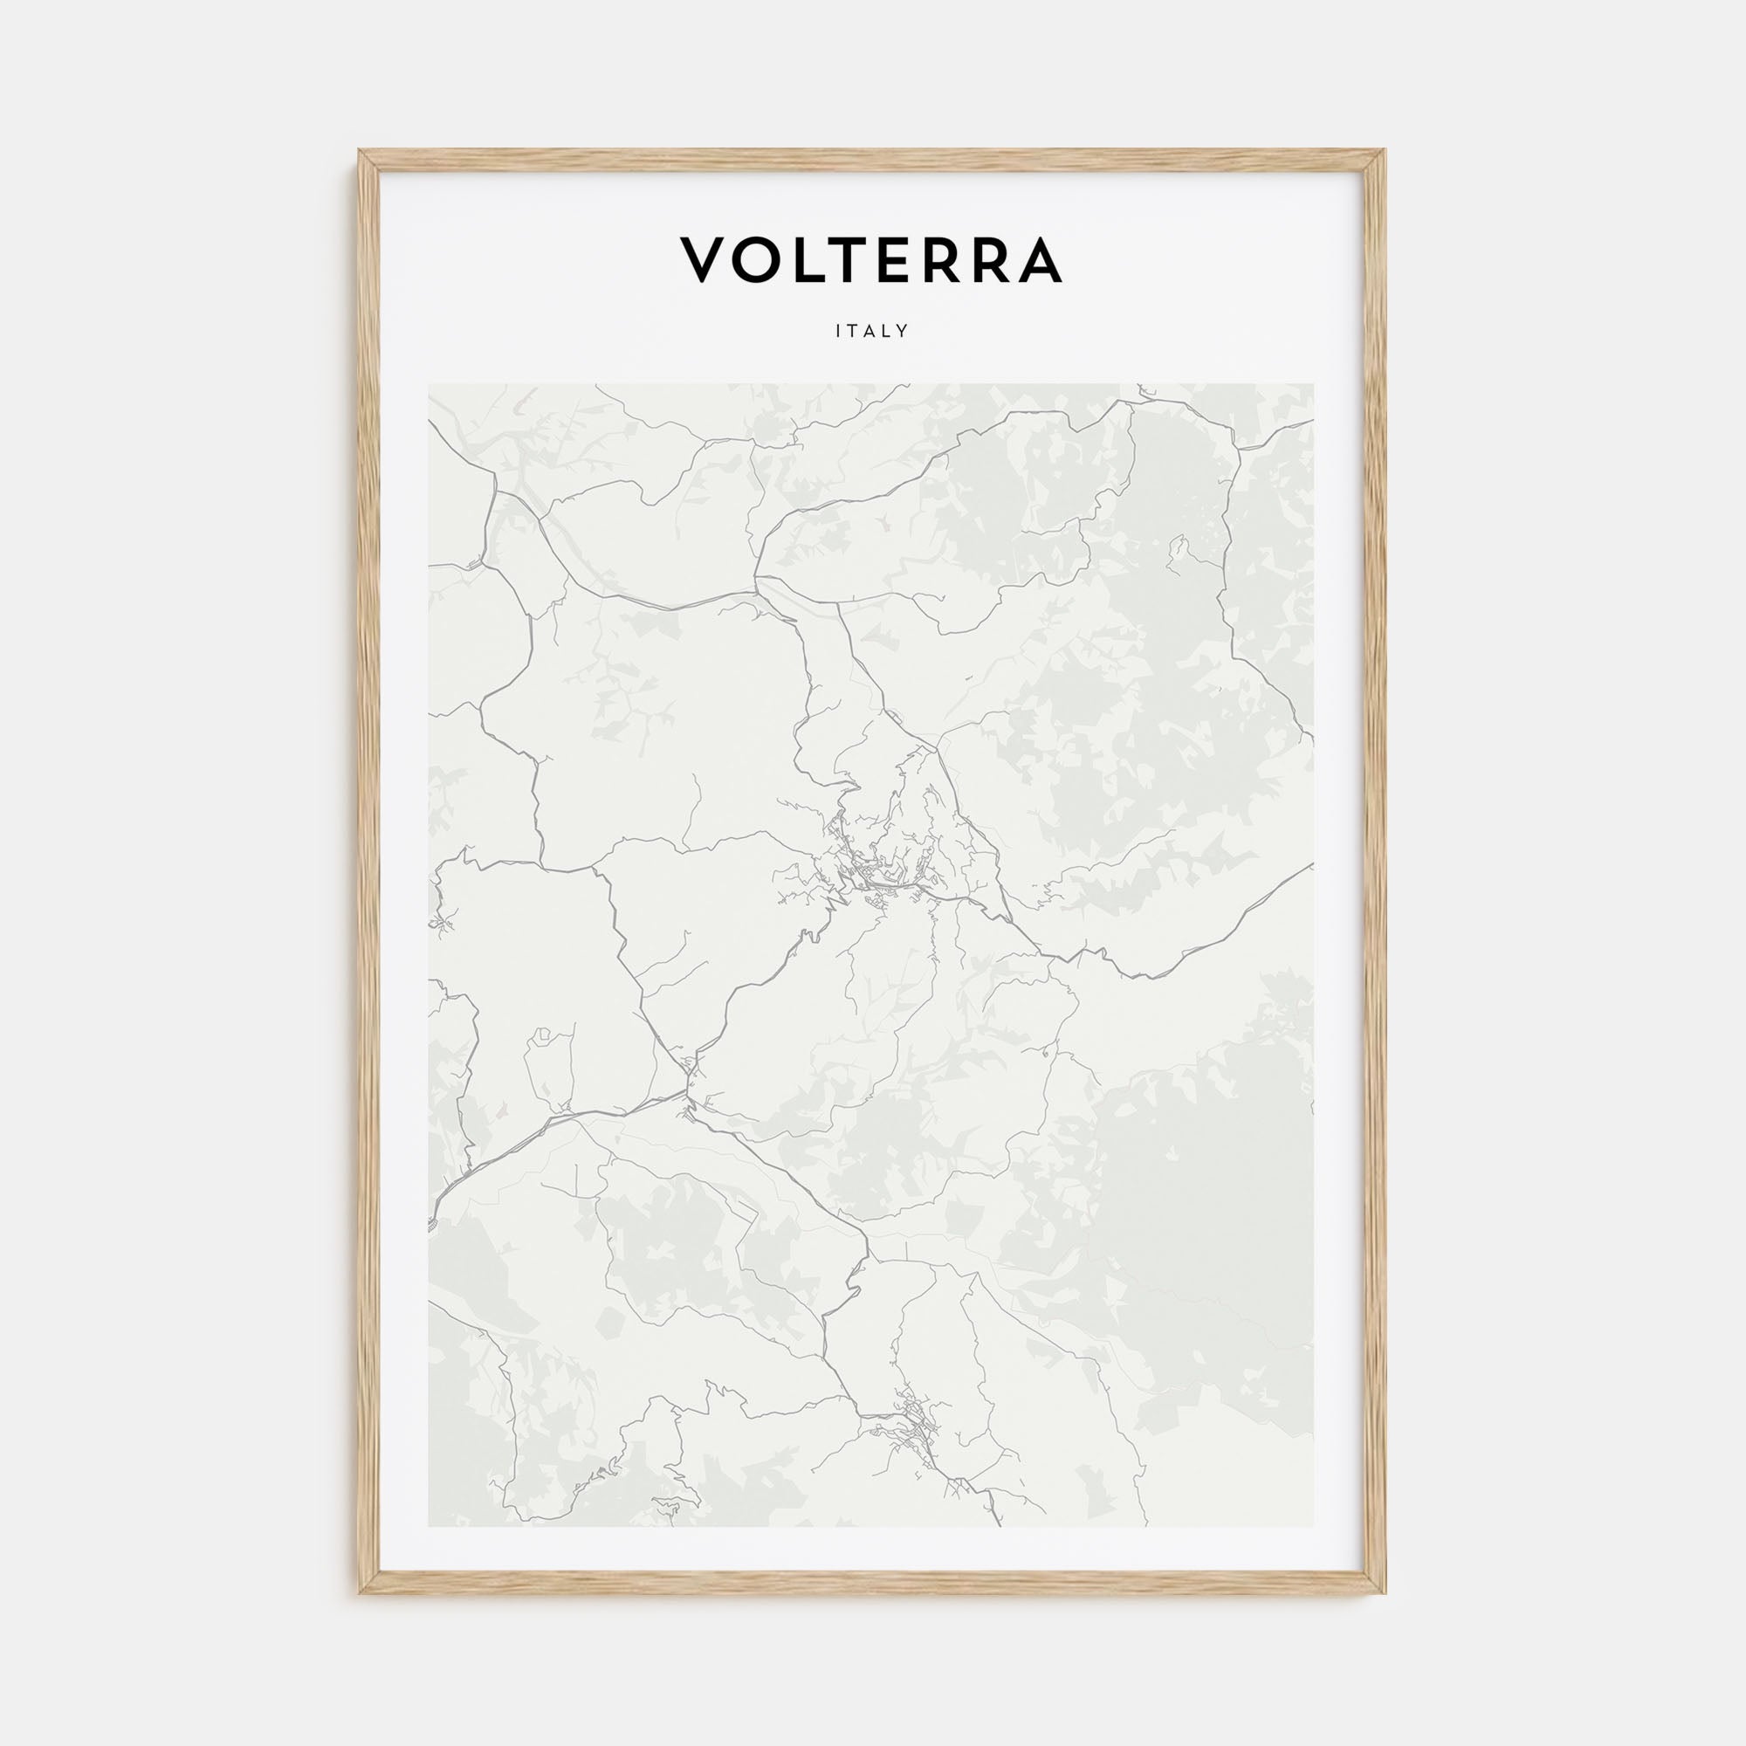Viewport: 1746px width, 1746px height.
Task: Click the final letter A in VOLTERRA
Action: click(1036, 260)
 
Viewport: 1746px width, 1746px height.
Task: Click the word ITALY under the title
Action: click(872, 332)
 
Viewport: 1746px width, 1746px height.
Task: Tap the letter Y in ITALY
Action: click(903, 332)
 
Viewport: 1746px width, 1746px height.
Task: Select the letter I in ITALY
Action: click(840, 332)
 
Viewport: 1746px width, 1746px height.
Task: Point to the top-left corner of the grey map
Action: click(430, 384)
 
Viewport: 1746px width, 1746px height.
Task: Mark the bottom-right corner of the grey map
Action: click(1313, 1526)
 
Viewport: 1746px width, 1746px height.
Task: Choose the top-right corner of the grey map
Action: click(1313, 384)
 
